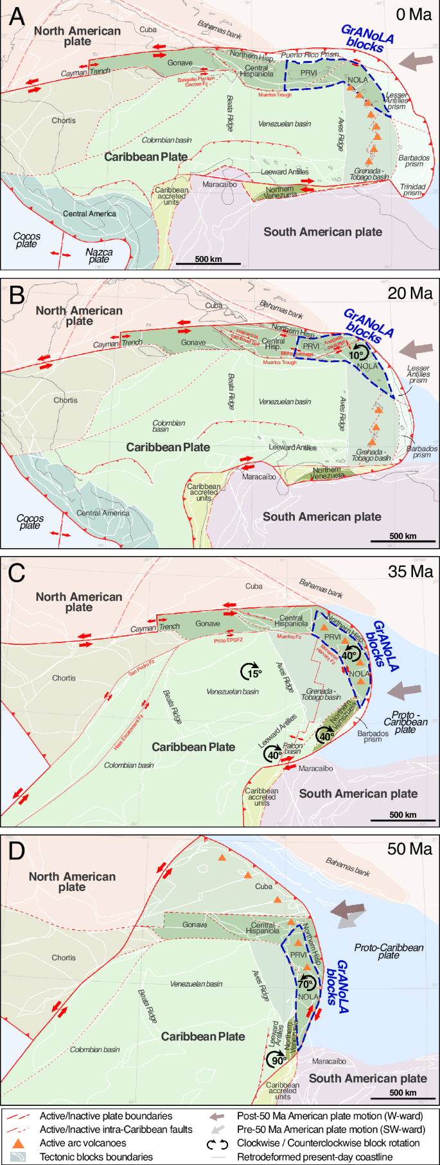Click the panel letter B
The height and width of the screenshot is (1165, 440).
point(17,295)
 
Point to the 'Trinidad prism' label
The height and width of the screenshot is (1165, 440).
point(412,189)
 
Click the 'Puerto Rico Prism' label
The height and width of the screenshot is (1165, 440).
point(310,55)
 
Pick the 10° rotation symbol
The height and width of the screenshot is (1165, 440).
point(357,352)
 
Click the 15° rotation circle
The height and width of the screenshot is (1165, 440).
point(251,671)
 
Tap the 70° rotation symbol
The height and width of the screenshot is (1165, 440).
point(306,983)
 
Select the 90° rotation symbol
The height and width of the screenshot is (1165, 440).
point(277,1059)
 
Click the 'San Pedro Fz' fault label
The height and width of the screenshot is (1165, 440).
point(141,668)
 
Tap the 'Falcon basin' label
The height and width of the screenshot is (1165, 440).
point(293,748)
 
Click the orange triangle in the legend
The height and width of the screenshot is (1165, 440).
point(19,1143)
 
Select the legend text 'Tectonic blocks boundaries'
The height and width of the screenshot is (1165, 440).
point(96,1157)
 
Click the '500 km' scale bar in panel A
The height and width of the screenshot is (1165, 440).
point(208,260)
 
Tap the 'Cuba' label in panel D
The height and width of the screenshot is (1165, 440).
point(264,886)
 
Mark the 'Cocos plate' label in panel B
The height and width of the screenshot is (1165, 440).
point(30,522)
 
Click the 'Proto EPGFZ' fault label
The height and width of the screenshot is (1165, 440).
point(229,640)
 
